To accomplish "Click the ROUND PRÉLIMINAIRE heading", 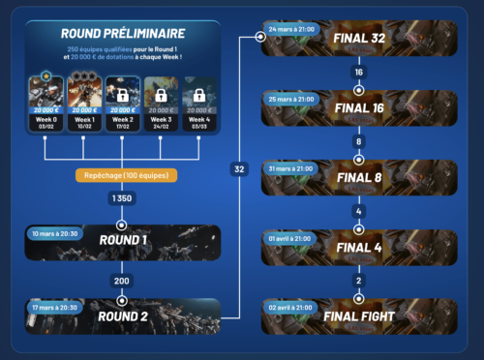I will pyautogui.click(x=122, y=33).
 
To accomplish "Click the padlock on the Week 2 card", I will pyautogui.click(x=122, y=96).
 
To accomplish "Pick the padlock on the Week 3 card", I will pyautogui.click(x=160, y=96).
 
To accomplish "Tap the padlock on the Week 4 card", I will pyautogui.click(x=198, y=96).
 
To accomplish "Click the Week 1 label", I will pyautogui.click(x=83, y=119).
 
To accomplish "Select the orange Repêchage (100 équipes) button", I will pyautogui.click(x=122, y=174).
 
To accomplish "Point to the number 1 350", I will pyautogui.click(x=122, y=197).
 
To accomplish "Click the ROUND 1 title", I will pyautogui.click(x=123, y=240).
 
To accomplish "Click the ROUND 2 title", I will pyautogui.click(x=123, y=315).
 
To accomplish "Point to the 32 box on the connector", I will pyautogui.click(x=239, y=168).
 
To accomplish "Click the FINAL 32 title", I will pyautogui.click(x=359, y=38).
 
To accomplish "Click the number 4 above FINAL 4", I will pyautogui.click(x=359, y=210).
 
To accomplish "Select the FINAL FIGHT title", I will pyautogui.click(x=359, y=315).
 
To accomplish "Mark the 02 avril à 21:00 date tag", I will pyautogui.click(x=291, y=306).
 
